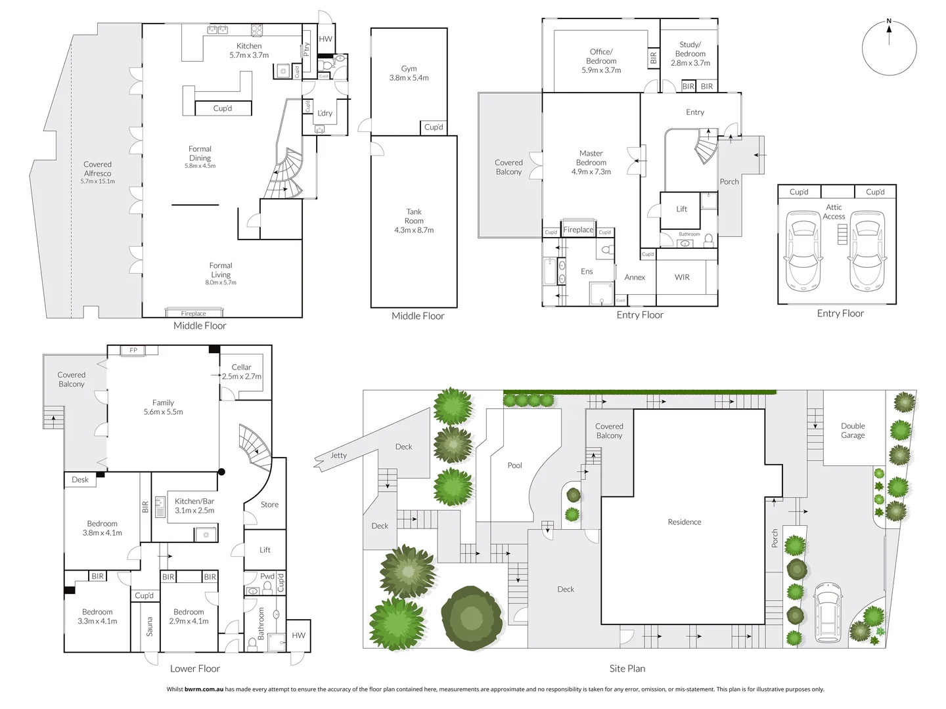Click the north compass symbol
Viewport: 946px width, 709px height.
click(889, 47)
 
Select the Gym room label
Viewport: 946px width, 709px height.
click(409, 73)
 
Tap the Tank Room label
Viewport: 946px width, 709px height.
click(414, 221)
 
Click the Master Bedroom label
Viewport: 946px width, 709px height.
click(591, 162)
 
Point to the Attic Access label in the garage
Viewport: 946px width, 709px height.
click(834, 211)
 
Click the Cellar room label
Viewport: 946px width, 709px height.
click(241, 372)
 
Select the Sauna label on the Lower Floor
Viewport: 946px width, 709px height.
click(150, 626)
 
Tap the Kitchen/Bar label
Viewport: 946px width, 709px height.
click(194, 505)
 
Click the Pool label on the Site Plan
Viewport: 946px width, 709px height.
click(514, 465)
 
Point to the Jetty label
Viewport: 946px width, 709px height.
click(338, 455)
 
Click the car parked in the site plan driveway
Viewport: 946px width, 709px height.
click(828, 612)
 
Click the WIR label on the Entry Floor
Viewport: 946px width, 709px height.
click(682, 277)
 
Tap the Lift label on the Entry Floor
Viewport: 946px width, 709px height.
click(682, 209)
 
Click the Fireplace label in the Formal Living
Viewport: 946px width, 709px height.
click(194, 314)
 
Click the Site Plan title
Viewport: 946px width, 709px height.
click(627, 668)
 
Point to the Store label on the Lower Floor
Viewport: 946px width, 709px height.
click(269, 504)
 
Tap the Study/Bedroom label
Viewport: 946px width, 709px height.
click(690, 54)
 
